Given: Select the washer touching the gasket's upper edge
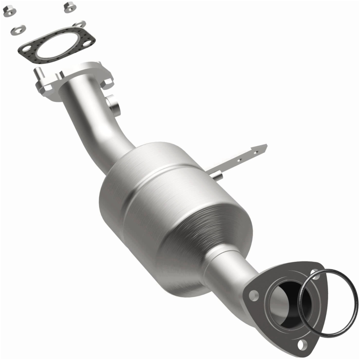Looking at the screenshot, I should coord(80,24).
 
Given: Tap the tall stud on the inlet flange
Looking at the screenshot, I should coord(38,72).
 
